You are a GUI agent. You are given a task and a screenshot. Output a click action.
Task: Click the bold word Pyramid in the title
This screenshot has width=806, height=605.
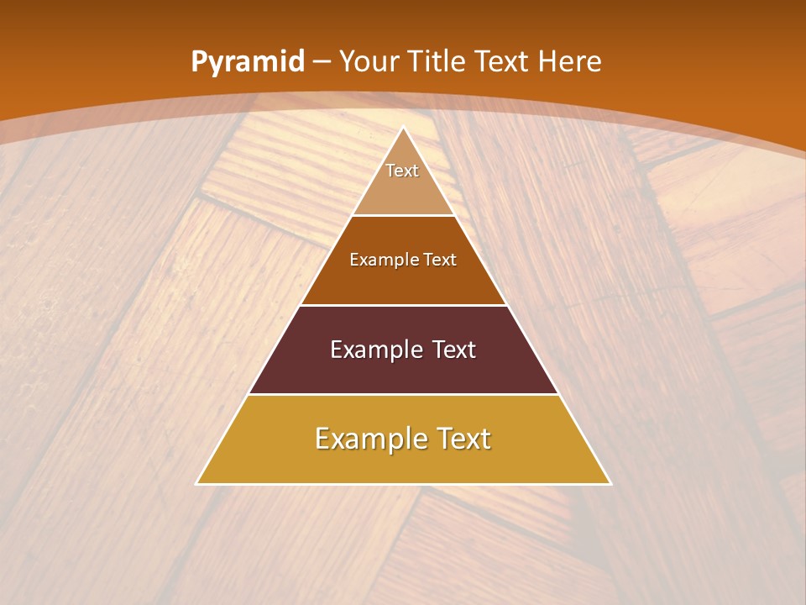click(x=247, y=61)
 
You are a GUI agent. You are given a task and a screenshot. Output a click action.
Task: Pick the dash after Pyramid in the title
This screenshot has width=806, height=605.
click(x=321, y=62)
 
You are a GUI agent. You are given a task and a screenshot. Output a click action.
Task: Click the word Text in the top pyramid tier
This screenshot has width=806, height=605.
click(x=402, y=171)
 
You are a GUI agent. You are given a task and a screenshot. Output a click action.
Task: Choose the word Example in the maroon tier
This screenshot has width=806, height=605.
click(x=371, y=350)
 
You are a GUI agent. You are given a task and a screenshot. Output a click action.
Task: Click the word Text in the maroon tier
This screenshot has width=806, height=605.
click(x=453, y=350)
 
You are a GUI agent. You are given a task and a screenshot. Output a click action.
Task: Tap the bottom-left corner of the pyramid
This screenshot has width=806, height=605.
click(x=197, y=484)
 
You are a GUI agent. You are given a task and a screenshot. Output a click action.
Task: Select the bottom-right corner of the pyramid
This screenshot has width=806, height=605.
click(x=610, y=484)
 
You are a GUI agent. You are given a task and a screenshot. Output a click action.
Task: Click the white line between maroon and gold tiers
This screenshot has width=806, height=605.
click(x=404, y=394)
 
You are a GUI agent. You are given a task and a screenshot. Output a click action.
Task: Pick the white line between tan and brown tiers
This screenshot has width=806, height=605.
click(x=404, y=215)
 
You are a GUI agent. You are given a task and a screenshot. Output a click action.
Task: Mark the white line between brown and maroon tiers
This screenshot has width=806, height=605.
click(x=404, y=305)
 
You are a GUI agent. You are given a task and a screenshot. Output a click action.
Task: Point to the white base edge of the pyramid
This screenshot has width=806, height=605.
click(x=404, y=484)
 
